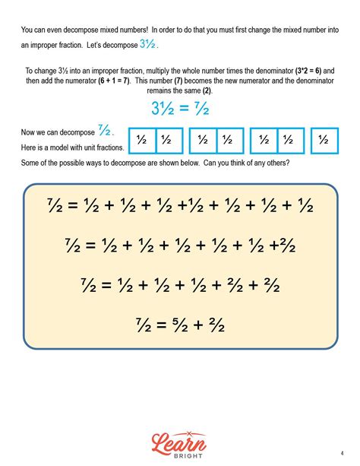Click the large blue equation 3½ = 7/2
click(x=179, y=109)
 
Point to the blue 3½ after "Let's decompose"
click(x=147, y=44)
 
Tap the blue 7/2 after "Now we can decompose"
click(x=105, y=129)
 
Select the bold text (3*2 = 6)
click(x=292, y=70)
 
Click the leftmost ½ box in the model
click(x=141, y=141)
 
